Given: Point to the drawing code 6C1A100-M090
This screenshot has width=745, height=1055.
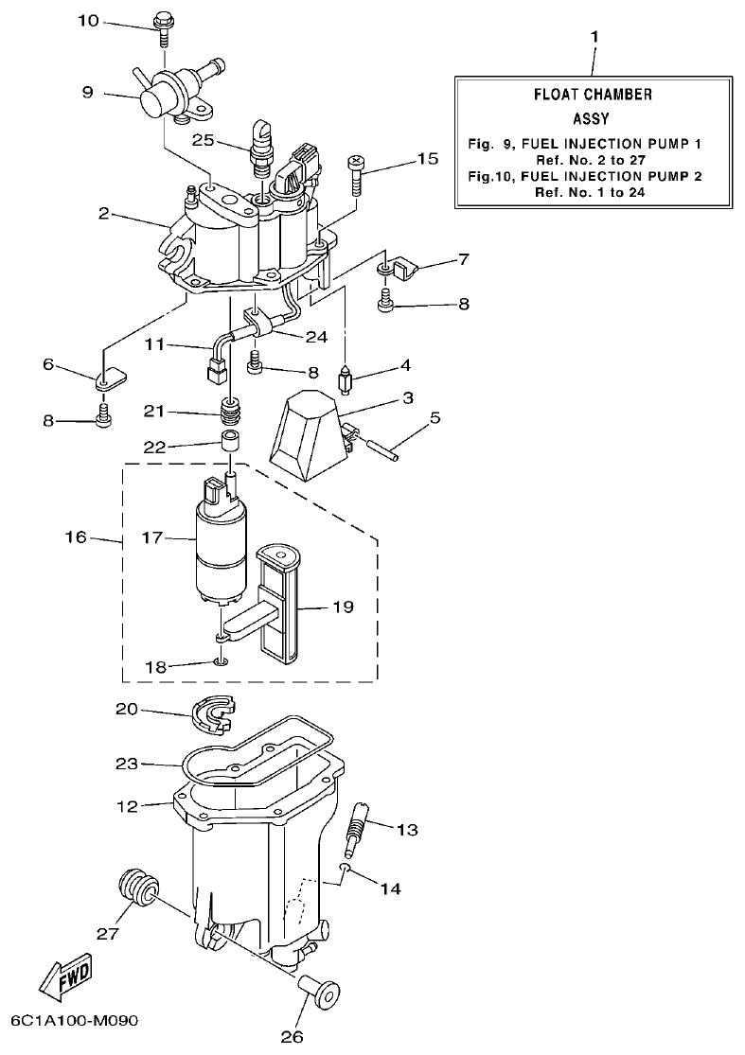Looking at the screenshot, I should [75, 1022].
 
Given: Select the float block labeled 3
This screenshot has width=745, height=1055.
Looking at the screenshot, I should [305, 431].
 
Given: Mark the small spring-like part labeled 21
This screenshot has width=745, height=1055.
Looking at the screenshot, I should [232, 413].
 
